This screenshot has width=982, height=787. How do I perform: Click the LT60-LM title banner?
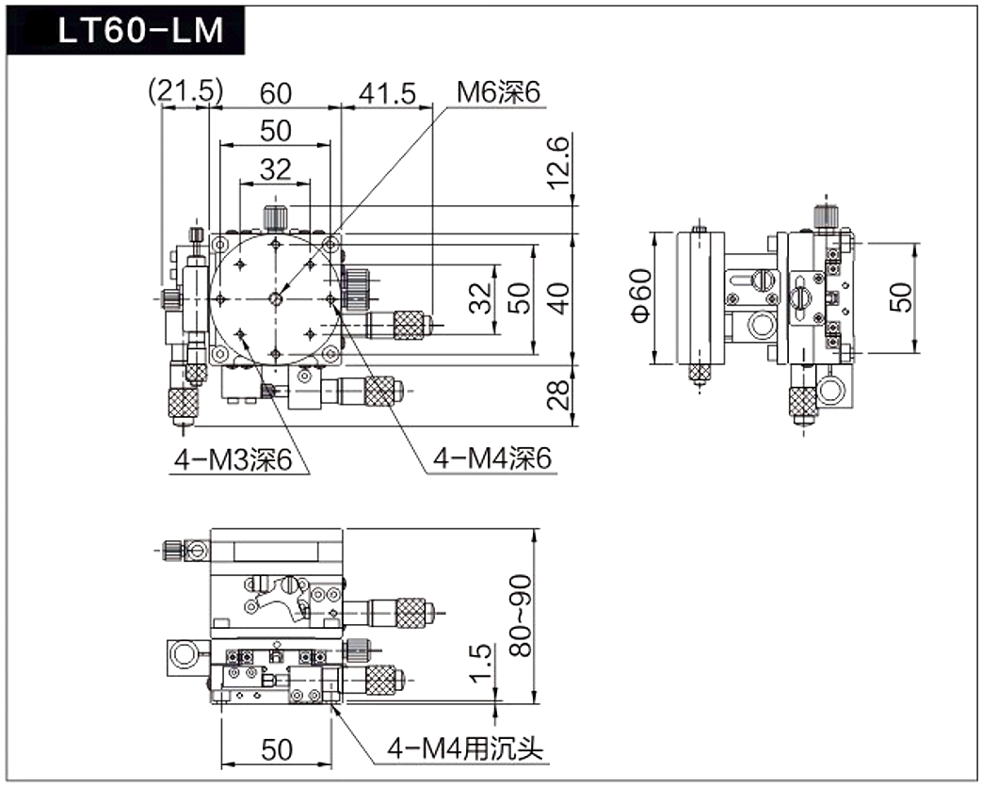[125, 31]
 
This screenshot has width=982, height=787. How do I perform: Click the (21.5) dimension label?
[185, 92]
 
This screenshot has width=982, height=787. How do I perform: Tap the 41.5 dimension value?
[387, 94]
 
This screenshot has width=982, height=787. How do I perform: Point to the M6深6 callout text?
[498, 92]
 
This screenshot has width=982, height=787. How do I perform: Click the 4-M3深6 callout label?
[233, 460]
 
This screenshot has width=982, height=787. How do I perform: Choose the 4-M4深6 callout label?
[492, 459]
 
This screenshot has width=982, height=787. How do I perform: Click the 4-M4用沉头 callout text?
[465, 748]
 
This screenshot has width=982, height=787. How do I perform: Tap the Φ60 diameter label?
[641, 296]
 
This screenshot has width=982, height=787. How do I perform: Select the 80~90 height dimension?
[520, 616]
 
